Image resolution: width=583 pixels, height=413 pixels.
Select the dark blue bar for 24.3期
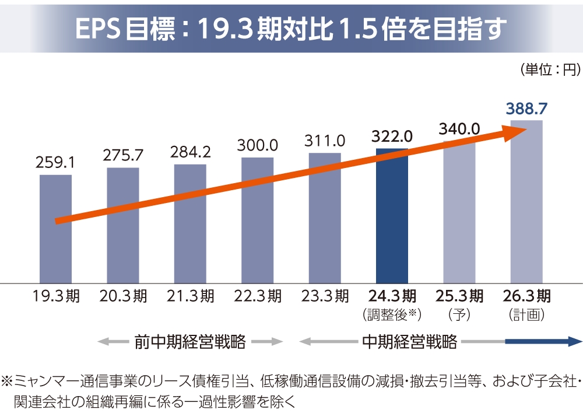(392, 216)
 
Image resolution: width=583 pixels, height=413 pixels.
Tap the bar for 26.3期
(526, 202)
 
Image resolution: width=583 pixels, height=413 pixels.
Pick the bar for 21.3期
(190, 224)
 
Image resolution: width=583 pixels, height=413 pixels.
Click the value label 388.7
(526, 109)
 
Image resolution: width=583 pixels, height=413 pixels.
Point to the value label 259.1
(55, 163)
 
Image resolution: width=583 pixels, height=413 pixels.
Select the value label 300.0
(257, 145)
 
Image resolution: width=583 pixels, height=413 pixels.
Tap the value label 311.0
(325, 141)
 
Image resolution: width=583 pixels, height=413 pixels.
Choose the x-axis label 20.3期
(123, 296)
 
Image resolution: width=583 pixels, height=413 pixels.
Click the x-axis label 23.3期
(325, 296)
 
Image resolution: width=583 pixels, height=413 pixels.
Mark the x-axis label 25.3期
(459, 296)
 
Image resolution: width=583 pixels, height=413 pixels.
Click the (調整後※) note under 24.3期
(392, 315)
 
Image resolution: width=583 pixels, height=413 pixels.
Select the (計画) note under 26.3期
(526, 315)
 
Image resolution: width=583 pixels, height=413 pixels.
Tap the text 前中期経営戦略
(190, 342)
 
